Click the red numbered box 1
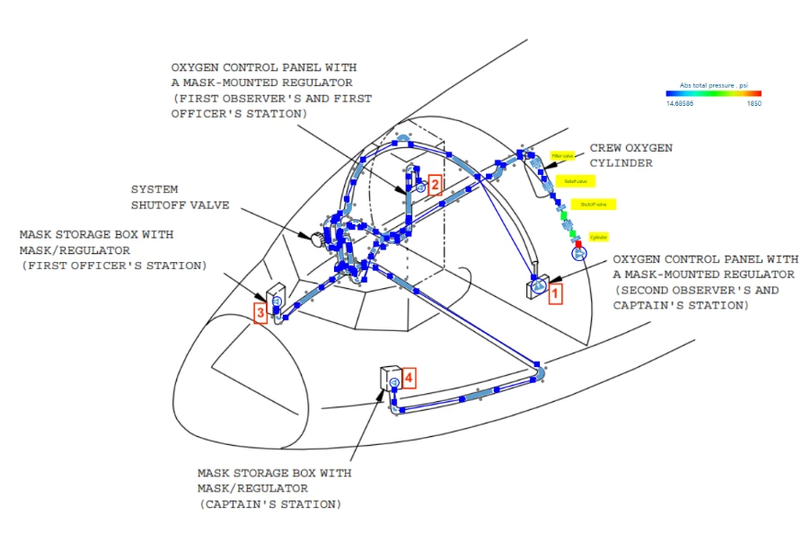(555, 292)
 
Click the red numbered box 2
(434, 186)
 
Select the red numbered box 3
(260, 313)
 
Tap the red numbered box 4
(409, 378)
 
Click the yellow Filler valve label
(562, 156)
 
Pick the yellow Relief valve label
(575, 180)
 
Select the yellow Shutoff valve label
(588, 204)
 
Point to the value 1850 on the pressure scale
(754, 103)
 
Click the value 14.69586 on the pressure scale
(682, 103)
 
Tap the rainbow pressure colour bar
(713, 93)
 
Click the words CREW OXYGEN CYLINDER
(630, 154)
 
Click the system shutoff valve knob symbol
(317, 240)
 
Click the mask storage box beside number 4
(391, 380)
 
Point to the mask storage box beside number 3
(275, 297)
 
